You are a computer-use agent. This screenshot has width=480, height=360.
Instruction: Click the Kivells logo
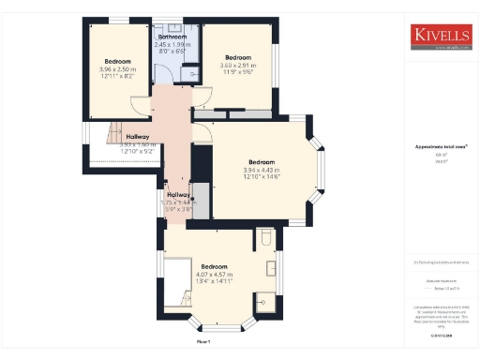pos(441,37)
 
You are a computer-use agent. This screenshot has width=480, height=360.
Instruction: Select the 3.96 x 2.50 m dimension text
pos(116,68)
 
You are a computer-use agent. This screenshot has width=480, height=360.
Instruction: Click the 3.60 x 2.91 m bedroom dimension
pos(238,65)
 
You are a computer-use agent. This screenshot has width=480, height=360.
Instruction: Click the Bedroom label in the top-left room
pos(116,61)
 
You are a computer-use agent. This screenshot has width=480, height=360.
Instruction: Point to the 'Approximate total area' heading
pos(440,146)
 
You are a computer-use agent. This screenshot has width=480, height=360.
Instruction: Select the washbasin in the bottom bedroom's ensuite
pos(272,269)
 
